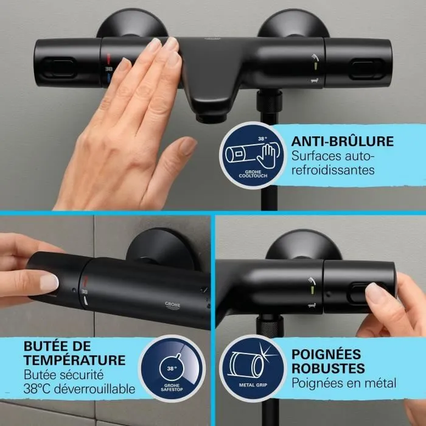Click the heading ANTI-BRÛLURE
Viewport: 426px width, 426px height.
pyautogui.click(x=342, y=141)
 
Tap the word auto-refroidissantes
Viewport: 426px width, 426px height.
pyautogui.click(x=333, y=164)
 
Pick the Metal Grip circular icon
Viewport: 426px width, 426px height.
pyautogui.click(x=251, y=365)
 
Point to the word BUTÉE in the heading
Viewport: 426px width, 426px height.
pyautogui.click(x=45, y=345)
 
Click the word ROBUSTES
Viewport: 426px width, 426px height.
pyautogui.click(x=328, y=368)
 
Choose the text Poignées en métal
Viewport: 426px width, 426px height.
pyautogui.click(x=344, y=383)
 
